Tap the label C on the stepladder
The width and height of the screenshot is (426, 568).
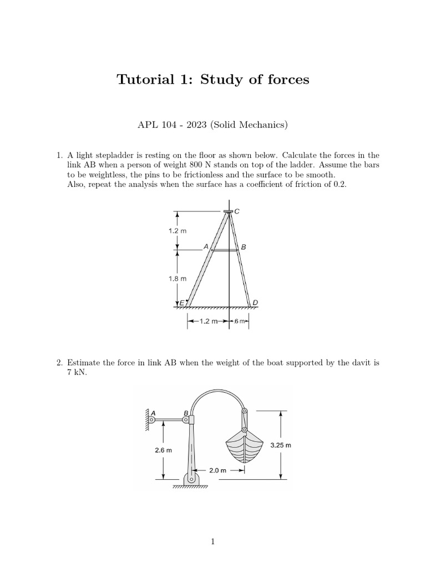click(x=237, y=211)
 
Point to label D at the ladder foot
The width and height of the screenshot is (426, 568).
click(x=255, y=302)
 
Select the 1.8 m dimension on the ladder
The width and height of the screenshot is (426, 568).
click(x=177, y=279)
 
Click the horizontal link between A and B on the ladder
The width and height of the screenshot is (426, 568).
click(x=226, y=250)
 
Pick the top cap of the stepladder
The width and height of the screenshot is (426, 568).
click(x=228, y=211)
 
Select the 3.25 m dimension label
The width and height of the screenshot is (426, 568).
click(x=281, y=445)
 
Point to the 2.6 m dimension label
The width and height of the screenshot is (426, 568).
click(x=163, y=450)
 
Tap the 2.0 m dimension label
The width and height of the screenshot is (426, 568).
click(x=218, y=470)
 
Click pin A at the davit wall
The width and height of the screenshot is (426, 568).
click(x=151, y=420)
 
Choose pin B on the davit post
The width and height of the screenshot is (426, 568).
click(x=186, y=420)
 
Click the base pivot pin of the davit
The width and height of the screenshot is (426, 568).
click(x=191, y=479)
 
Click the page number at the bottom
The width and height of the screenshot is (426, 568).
click(x=213, y=542)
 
